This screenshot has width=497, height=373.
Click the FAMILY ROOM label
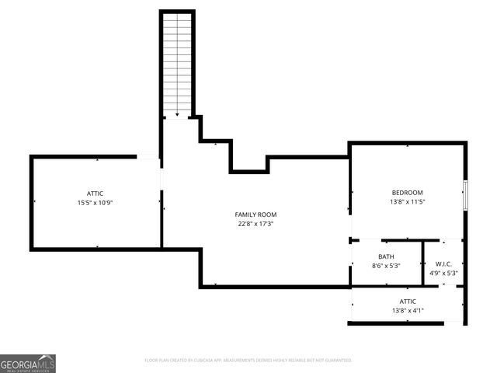coord(255,214)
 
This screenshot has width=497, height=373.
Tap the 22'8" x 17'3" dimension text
coord(255,224)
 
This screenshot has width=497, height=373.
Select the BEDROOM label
coord(407,193)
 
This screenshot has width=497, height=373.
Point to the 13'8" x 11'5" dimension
coord(407,202)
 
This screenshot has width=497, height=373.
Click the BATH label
coord(386,256)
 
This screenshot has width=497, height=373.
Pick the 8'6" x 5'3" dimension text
coord(386,266)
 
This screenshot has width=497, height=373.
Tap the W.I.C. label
coord(443,263)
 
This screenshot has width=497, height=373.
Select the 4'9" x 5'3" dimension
coord(443,273)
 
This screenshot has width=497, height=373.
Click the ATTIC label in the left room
coord(95,193)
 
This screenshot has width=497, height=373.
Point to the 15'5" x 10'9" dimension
coord(95,203)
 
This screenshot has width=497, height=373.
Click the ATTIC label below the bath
coord(408,302)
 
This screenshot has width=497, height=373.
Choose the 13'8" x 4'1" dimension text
coord(408,311)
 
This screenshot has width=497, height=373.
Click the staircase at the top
coord(177,62)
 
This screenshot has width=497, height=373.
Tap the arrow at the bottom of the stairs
coord(177,113)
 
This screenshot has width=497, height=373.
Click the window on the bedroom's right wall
coord(464,194)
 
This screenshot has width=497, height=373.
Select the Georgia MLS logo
coord(28,363)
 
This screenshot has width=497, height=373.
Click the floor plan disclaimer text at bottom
coord(248,360)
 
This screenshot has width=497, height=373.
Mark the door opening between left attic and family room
coord(161,179)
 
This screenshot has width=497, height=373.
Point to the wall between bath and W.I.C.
coord(422,263)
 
